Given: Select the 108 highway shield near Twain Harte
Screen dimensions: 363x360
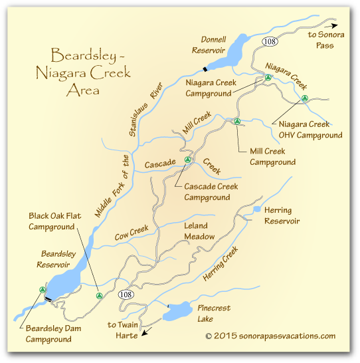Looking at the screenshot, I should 126,294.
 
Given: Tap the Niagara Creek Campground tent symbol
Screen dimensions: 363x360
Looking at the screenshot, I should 267,78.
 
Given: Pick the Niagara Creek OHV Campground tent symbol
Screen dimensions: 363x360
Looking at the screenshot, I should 304,98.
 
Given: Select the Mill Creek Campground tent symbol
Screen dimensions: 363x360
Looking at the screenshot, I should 236,121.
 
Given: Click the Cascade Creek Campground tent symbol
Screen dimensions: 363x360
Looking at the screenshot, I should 187,160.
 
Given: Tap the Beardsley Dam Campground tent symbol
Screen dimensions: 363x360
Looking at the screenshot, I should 42,290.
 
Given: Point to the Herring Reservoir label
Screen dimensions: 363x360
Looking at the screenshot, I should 282,215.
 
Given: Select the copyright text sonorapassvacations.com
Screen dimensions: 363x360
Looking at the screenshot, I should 270,336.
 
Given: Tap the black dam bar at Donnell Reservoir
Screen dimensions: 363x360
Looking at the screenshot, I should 206,68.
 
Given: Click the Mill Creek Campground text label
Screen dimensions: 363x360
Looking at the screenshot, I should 272,156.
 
